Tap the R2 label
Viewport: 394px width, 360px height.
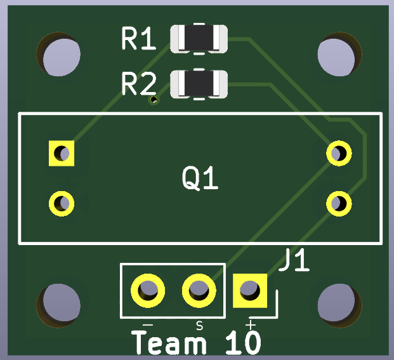[138, 84]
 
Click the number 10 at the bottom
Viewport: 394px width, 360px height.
[243, 343]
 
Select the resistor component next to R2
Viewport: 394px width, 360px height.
[199, 84]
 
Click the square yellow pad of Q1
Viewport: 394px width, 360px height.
[62, 153]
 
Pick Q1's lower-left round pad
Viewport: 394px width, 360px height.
[62, 203]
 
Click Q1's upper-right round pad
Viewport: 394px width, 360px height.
[339, 153]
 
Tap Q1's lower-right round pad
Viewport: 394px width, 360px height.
[339, 203]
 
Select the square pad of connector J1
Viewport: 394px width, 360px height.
[249, 291]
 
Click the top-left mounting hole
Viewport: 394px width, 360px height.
[60, 55]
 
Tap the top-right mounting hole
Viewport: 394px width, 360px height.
[336, 55]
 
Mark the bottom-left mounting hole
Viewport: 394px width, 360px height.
[59, 305]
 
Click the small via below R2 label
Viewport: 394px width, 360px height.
[153, 100]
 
